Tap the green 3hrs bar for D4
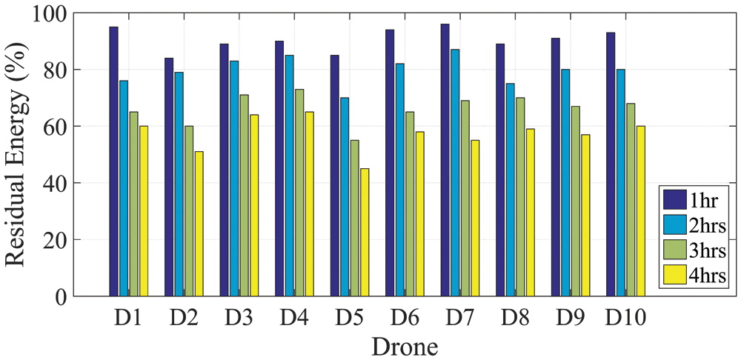click(299, 193)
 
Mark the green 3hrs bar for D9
click(575, 201)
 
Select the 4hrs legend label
click(708, 276)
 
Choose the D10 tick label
click(625, 319)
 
